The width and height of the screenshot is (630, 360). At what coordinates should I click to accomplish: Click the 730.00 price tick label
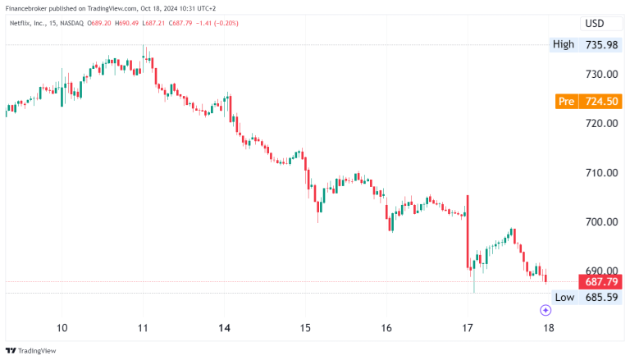(x=600, y=75)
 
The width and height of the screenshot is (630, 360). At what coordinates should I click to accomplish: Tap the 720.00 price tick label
(x=600, y=124)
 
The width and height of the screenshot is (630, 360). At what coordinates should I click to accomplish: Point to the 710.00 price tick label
(x=600, y=173)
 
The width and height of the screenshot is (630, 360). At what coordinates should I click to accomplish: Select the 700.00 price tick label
(x=600, y=222)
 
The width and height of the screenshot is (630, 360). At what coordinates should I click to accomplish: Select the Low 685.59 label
(x=586, y=297)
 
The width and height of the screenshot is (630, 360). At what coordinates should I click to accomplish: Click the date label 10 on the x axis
(x=62, y=328)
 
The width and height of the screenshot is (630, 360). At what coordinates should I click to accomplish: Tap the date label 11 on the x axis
(x=143, y=328)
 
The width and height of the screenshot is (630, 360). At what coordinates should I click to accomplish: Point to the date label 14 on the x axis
(x=224, y=328)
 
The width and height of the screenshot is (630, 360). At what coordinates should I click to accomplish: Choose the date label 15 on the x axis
(x=304, y=328)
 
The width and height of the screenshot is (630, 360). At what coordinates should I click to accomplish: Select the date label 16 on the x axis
(x=386, y=328)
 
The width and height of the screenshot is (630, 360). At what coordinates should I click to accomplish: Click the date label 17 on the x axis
(x=467, y=328)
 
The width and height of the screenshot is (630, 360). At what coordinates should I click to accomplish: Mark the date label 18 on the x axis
(x=547, y=328)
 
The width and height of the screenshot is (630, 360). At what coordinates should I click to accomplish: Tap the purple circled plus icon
(x=546, y=310)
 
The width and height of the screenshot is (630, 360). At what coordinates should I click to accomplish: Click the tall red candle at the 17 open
(x=468, y=230)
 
